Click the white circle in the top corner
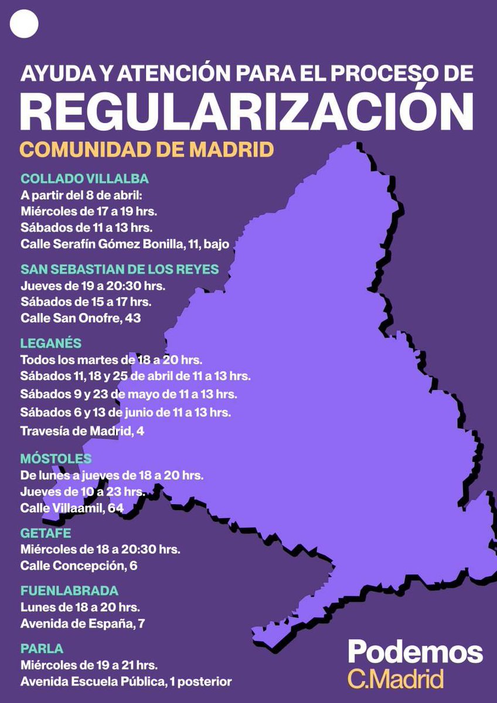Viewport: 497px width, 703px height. click(x=24, y=24)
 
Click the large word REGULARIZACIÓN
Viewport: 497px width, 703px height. click(x=247, y=111)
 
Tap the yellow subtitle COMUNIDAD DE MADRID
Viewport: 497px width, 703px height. click(x=147, y=149)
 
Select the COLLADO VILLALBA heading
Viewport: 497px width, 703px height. click(x=84, y=179)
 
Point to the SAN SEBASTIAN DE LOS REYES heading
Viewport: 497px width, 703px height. click(x=120, y=269)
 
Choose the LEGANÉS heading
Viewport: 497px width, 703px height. click(x=51, y=343)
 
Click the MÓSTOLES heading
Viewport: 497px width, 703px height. click(x=56, y=459)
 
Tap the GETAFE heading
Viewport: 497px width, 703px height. click(x=46, y=534)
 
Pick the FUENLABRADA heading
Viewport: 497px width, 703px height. click(x=69, y=590)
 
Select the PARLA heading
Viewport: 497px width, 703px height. click(x=42, y=648)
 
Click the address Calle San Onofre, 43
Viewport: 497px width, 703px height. click(x=81, y=318)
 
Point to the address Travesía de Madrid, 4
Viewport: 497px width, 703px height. click(x=82, y=431)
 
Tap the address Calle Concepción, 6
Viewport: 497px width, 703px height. click(x=79, y=566)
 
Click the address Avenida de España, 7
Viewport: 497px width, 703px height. click(x=83, y=623)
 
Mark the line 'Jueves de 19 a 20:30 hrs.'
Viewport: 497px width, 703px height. click(x=93, y=286)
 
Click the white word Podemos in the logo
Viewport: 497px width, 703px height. click(x=416, y=652)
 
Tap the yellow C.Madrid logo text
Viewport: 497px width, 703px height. click(x=396, y=680)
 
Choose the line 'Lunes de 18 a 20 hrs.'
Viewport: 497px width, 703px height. click(x=80, y=607)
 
